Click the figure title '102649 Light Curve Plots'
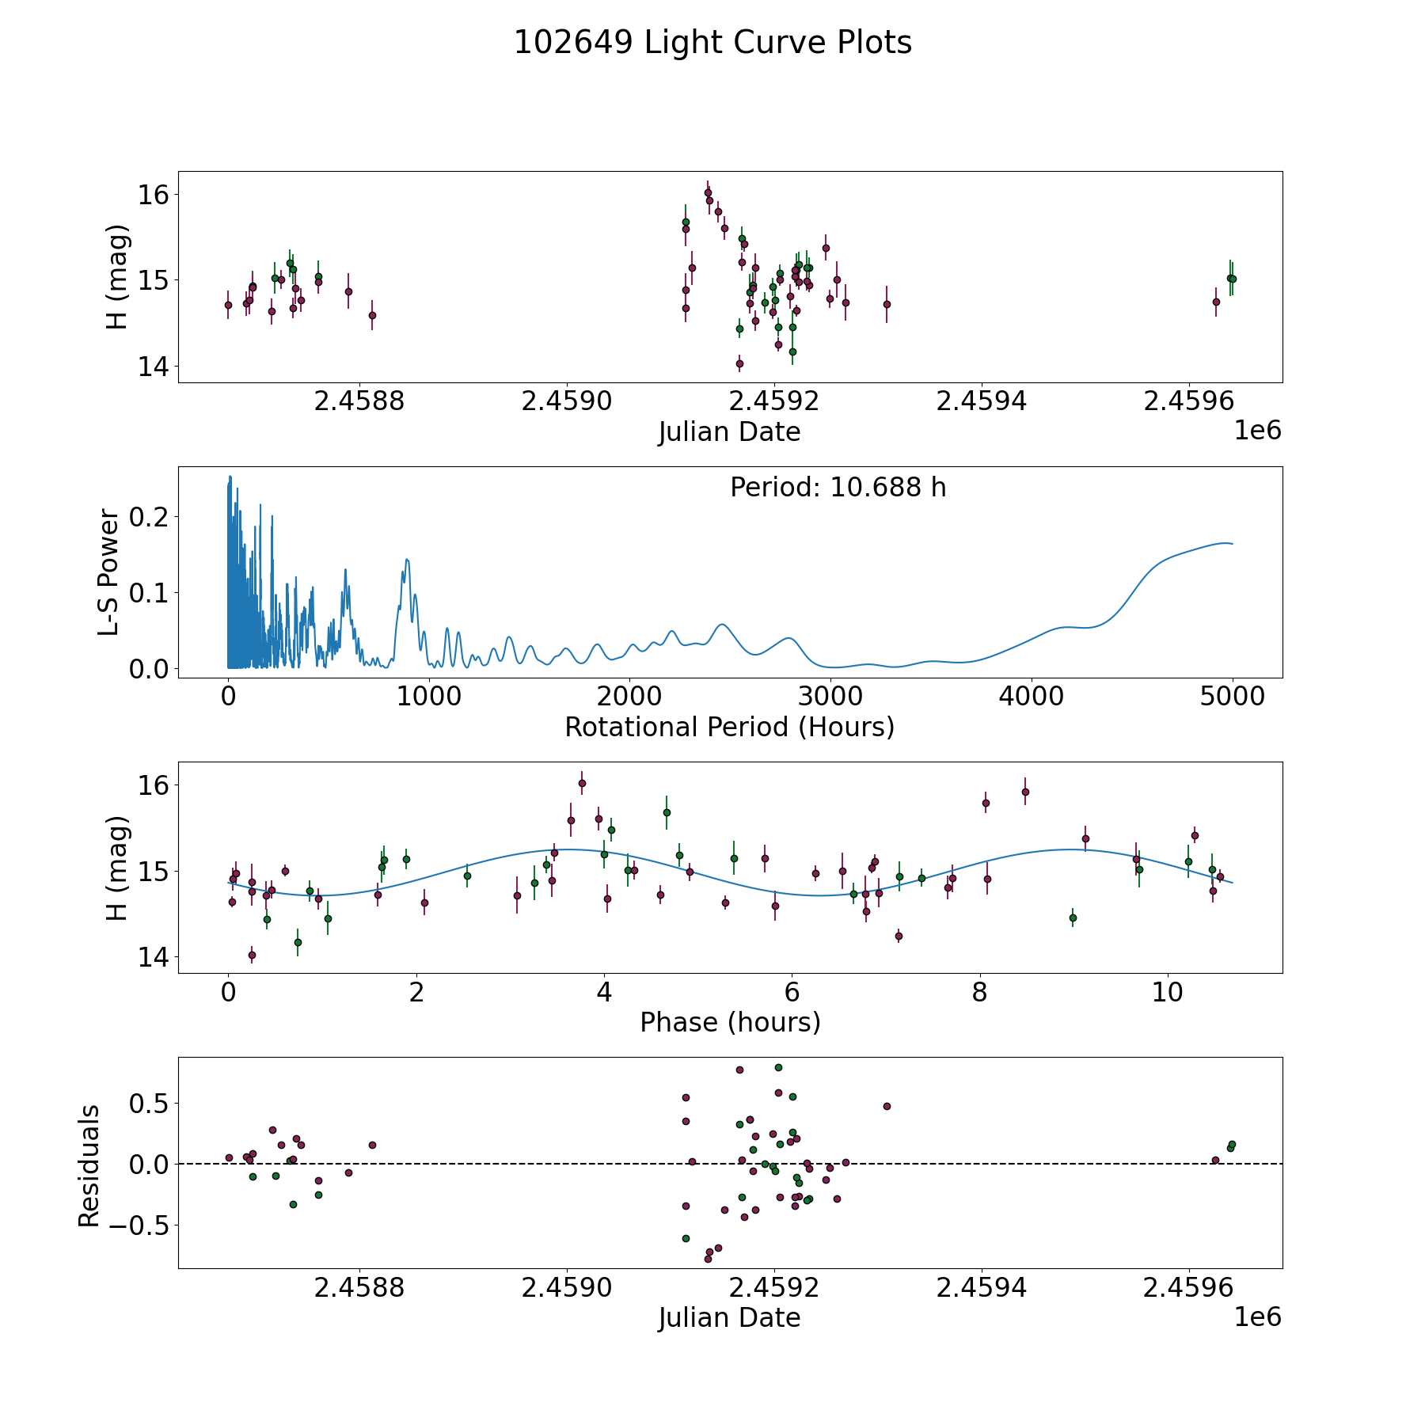click(712, 43)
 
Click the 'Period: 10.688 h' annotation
click(838, 488)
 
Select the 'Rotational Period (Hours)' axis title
click(729, 727)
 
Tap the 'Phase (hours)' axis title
click(729, 1022)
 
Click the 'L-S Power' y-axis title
click(109, 572)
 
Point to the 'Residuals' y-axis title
click(89, 1165)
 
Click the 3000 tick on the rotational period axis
click(830, 697)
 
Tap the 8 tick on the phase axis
click(980, 992)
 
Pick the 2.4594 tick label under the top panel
click(982, 401)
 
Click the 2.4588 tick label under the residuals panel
click(359, 1288)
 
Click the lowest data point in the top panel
click(739, 364)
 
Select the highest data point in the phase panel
click(582, 783)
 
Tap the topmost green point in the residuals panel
click(778, 1067)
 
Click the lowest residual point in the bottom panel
click(708, 1259)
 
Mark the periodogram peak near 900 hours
click(407, 560)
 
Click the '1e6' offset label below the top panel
click(1257, 431)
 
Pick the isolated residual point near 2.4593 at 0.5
click(887, 1106)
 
